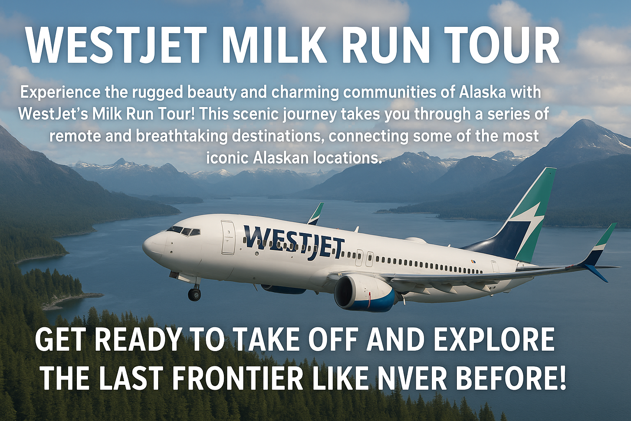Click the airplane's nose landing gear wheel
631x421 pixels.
194,294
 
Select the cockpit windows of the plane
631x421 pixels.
183,231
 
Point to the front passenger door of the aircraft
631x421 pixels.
228,237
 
